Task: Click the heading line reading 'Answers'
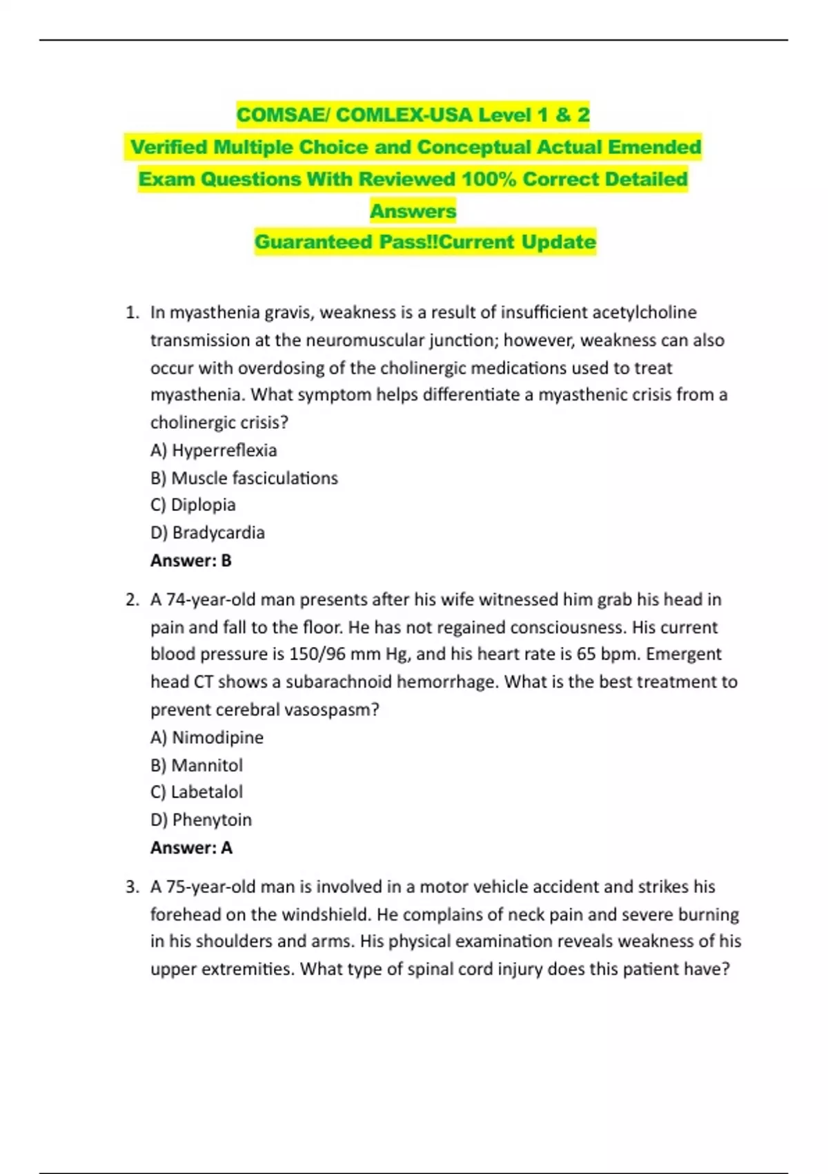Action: click(413, 211)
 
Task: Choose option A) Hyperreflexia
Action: click(214, 450)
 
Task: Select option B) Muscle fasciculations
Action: click(244, 478)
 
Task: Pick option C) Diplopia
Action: click(193, 505)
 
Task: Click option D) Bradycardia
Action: click(208, 532)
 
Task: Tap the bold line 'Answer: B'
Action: click(191, 560)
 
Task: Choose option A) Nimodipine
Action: click(207, 738)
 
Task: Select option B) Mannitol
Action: click(197, 765)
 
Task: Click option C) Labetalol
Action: click(197, 792)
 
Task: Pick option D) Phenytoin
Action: click(201, 820)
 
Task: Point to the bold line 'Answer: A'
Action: click(191, 847)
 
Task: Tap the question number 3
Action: click(132, 887)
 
